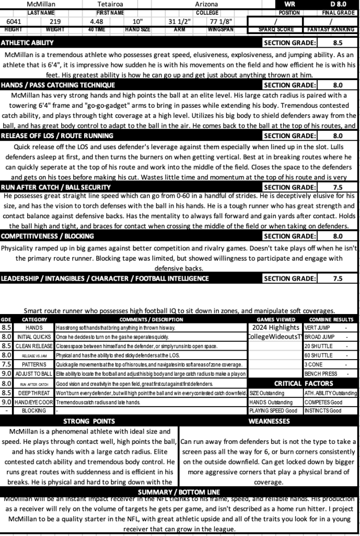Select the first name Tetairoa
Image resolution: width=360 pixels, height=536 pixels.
tap(110, 4)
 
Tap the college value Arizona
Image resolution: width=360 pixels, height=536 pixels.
tap(207, 4)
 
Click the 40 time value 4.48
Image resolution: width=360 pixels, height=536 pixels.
tap(96, 21)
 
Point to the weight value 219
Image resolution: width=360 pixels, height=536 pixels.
tap(55, 21)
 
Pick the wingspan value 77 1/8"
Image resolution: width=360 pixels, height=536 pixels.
tap(221, 21)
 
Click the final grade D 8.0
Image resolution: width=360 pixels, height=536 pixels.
tap(336, 4)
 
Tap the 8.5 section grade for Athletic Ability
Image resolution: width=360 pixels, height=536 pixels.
tap(337, 42)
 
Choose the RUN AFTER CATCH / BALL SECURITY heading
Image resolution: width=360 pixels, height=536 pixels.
tap(55, 187)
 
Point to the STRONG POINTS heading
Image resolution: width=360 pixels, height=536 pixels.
tap(89, 421)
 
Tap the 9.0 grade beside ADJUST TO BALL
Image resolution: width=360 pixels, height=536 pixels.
tap(7, 374)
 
